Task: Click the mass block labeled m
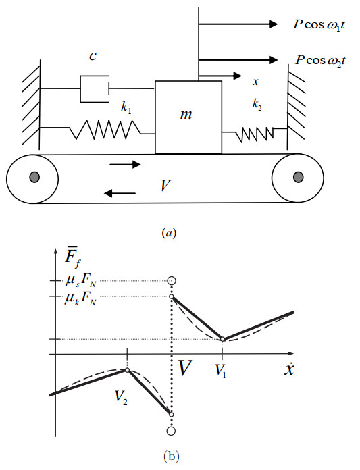point(188,117)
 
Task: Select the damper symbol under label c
point(95,88)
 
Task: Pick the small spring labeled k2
point(255,134)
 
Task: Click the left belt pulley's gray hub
point(34,177)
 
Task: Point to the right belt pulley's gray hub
point(298,177)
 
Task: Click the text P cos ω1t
point(319,25)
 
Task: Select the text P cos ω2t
point(320,61)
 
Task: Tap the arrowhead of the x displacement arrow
point(237,76)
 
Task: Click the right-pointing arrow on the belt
point(125,164)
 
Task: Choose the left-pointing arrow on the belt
point(120,193)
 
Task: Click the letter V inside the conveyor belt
point(165,186)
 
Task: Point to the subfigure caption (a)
point(169,233)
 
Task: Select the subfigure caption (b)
point(171,456)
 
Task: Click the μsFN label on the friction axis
point(80,282)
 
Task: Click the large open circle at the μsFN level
point(172,280)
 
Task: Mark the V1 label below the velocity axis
point(221,371)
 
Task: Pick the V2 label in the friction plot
point(121,398)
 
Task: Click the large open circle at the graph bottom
point(171,431)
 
